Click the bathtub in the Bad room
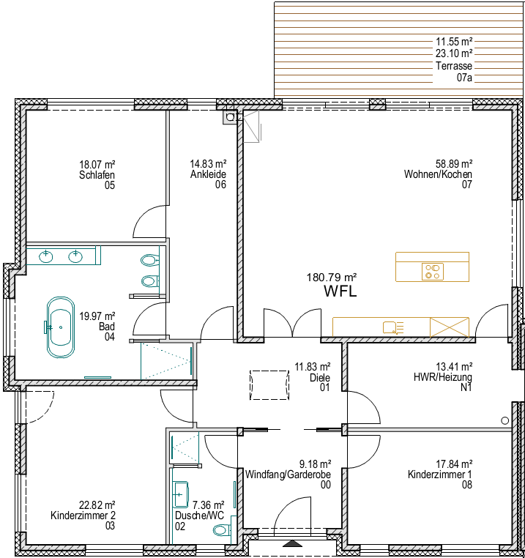(x=61, y=327)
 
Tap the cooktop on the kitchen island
(x=433, y=272)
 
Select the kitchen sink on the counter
(x=392, y=327)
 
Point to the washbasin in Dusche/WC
(x=180, y=494)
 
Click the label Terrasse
(x=454, y=66)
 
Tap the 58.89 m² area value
(x=454, y=164)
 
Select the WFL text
(x=340, y=291)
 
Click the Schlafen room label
(x=97, y=175)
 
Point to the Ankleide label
(x=208, y=174)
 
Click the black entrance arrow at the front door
(x=292, y=544)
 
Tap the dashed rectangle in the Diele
(x=269, y=385)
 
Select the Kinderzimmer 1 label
(x=440, y=475)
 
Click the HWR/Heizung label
(x=443, y=377)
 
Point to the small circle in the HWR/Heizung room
(x=504, y=420)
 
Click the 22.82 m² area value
(x=97, y=505)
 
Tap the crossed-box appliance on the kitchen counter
(x=449, y=327)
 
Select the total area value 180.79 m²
(x=332, y=278)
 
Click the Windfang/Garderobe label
(x=288, y=475)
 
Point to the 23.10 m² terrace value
(x=454, y=53)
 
